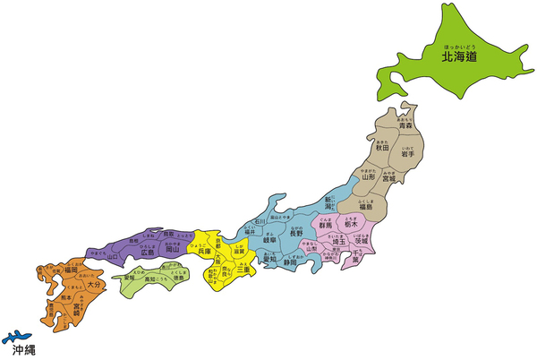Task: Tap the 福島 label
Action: pyautogui.click(x=366, y=212)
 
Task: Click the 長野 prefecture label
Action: pyautogui.click(x=296, y=235)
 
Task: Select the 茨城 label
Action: pyautogui.click(x=362, y=242)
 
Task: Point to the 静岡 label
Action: pyautogui.click(x=291, y=263)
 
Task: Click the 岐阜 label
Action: pyautogui.click(x=269, y=240)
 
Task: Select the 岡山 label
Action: pyautogui.click(x=174, y=253)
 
